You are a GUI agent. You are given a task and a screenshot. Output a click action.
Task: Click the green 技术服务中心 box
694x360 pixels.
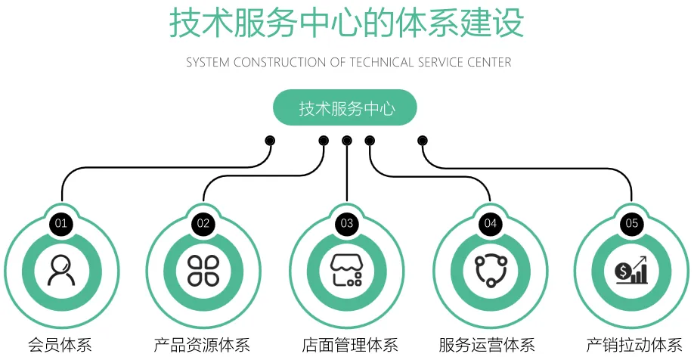(346, 108)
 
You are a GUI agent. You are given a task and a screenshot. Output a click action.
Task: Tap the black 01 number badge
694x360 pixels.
(61, 223)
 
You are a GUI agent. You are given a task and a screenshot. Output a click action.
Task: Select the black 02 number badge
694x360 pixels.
(203, 223)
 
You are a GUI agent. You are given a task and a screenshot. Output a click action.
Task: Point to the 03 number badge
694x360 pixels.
(347, 223)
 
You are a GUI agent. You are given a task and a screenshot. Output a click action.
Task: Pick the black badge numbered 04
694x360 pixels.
(490, 223)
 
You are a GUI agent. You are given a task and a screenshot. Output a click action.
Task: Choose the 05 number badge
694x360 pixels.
(632, 223)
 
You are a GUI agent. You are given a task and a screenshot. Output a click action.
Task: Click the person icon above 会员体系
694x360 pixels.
(61, 270)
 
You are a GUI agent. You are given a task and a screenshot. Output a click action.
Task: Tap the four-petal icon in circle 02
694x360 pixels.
(203, 270)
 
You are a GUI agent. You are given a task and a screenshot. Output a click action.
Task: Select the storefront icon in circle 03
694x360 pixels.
(347, 270)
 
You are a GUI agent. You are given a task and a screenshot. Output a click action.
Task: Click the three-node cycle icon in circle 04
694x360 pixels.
(490, 270)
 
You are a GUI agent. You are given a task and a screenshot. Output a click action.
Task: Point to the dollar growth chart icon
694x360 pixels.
(632, 270)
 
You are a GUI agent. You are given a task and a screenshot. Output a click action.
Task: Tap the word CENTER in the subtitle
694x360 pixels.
(488, 63)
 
